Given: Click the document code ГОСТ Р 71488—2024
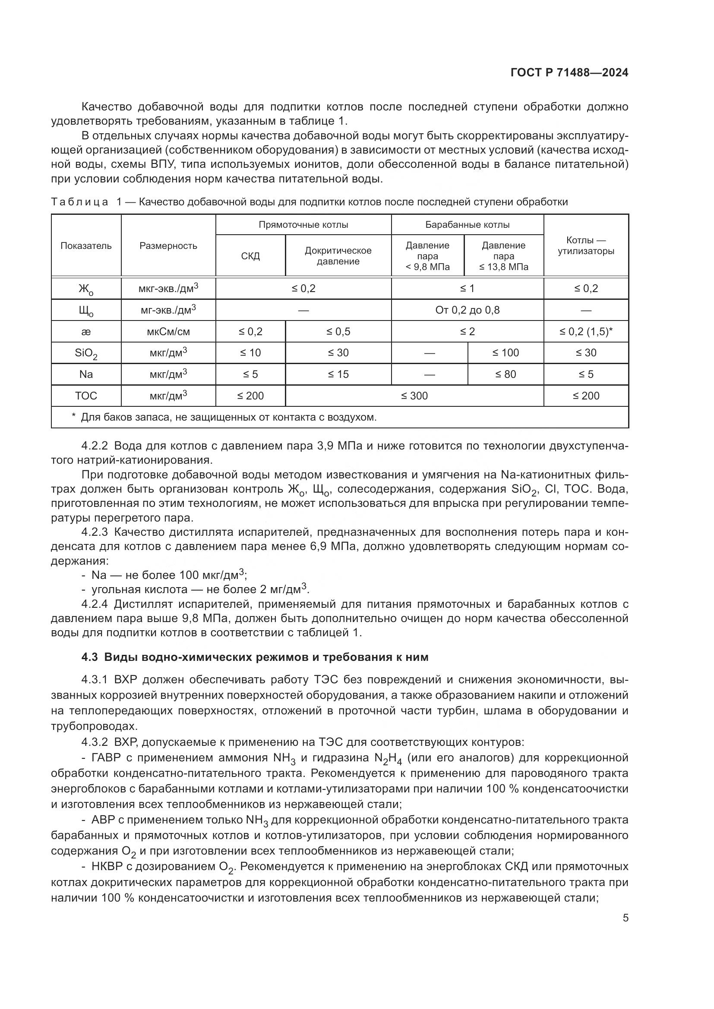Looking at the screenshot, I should [x=569, y=72].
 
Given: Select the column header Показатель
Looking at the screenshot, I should [x=86, y=245].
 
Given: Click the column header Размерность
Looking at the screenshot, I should [x=168, y=245].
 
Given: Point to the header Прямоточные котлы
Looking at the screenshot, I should [x=303, y=225].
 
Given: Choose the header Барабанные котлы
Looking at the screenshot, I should [x=467, y=225].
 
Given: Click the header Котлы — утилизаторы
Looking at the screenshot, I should [x=586, y=245].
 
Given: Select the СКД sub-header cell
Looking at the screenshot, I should [x=250, y=256].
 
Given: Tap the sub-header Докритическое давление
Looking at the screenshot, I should [x=338, y=256].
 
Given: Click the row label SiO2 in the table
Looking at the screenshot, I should [x=86, y=353].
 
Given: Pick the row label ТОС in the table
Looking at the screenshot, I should [x=86, y=396].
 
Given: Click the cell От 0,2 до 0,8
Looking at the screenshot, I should [x=467, y=310].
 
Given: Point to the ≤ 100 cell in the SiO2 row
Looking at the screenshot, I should [x=505, y=353].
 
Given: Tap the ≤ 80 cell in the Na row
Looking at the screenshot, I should [x=505, y=374].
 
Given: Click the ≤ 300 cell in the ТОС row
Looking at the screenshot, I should [x=414, y=396].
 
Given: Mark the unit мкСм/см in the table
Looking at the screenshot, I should [x=168, y=332].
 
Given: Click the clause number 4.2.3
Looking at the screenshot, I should [x=95, y=532].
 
